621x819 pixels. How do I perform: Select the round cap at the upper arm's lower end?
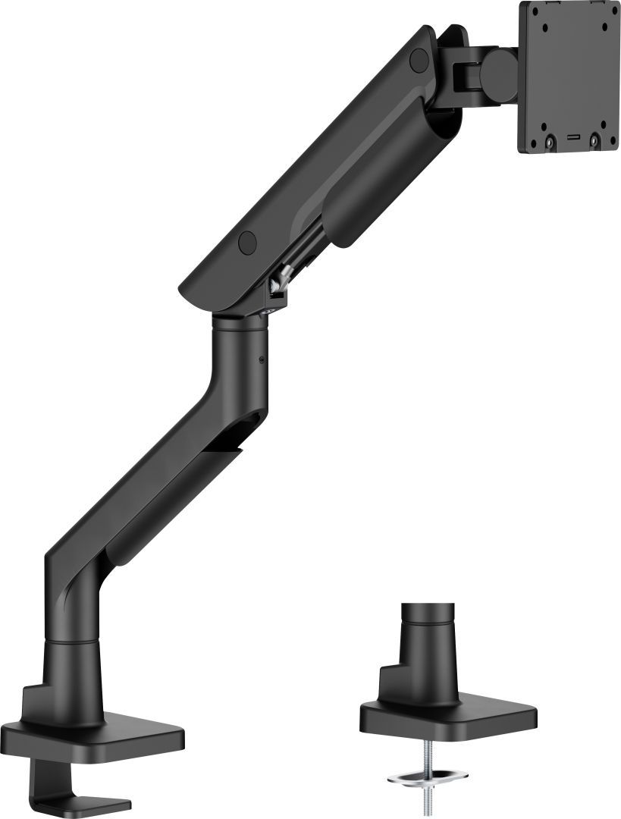coord(246,241)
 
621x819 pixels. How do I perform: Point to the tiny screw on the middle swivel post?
coord(262,359)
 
